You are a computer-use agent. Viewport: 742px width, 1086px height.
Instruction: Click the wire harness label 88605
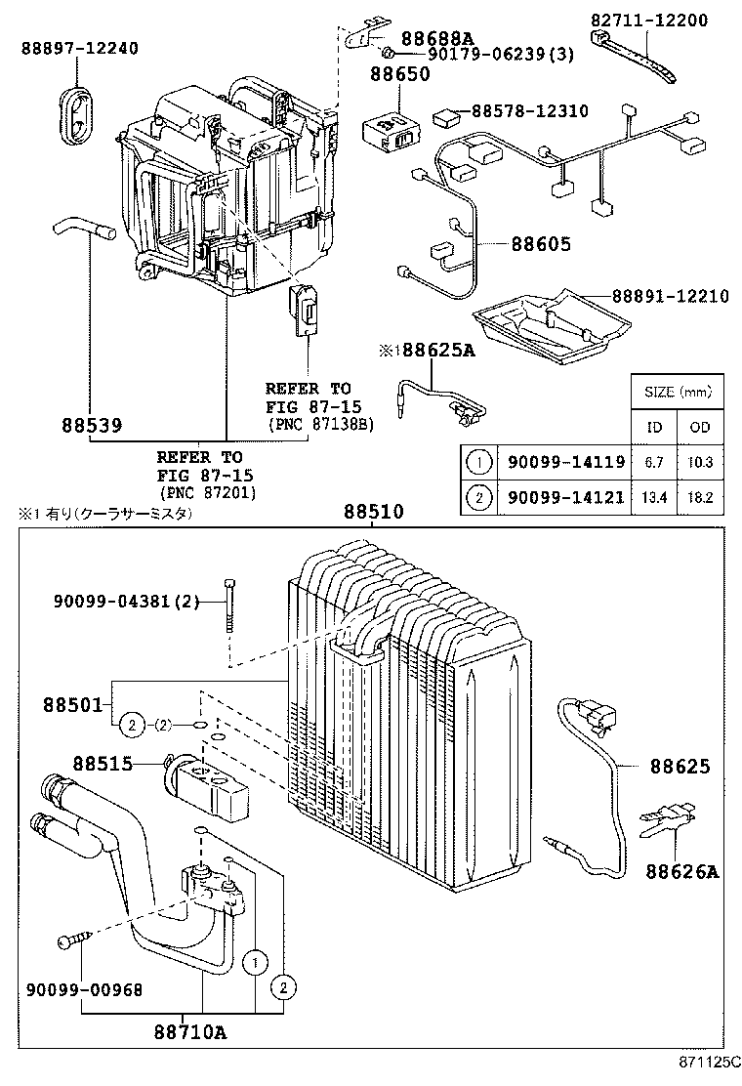(x=540, y=244)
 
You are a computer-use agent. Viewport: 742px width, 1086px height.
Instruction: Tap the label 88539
(x=91, y=426)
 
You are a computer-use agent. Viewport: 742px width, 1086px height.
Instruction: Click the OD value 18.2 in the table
(x=700, y=497)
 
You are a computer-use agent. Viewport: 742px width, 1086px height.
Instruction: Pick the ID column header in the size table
(x=655, y=427)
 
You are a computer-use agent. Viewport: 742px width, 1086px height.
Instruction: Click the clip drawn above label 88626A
(x=667, y=820)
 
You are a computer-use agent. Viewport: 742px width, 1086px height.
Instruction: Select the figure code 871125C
(x=705, y=1073)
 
